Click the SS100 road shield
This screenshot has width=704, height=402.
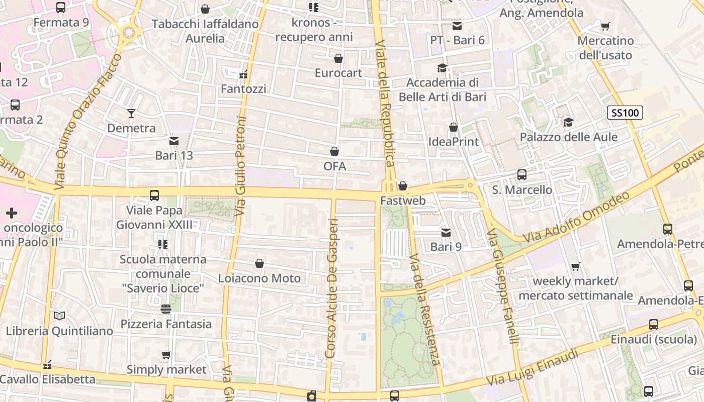[x=626, y=113]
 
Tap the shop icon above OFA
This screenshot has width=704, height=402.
[x=334, y=151]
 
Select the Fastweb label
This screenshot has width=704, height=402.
[x=403, y=200]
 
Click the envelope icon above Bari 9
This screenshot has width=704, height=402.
[x=446, y=233]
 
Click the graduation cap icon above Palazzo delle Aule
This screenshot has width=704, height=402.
[x=569, y=122]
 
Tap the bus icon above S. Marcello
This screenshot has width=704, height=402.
[x=522, y=175]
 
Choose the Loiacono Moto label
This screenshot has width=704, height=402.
[x=259, y=278]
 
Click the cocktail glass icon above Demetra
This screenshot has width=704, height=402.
[x=131, y=114]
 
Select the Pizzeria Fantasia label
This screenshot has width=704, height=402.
[x=166, y=324]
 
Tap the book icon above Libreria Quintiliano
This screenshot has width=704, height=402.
[x=59, y=316]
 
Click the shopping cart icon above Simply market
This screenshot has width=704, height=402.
[x=166, y=355]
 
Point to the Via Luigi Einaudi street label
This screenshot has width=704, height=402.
[x=533, y=368]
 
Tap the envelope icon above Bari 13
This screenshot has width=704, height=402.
[x=174, y=141]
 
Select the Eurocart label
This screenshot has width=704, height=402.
[x=338, y=73]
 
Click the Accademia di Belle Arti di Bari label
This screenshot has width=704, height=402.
[x=443, y=89]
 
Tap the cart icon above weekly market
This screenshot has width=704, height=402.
[x=576, y=266]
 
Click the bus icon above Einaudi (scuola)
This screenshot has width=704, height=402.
[x=653, y=325]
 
